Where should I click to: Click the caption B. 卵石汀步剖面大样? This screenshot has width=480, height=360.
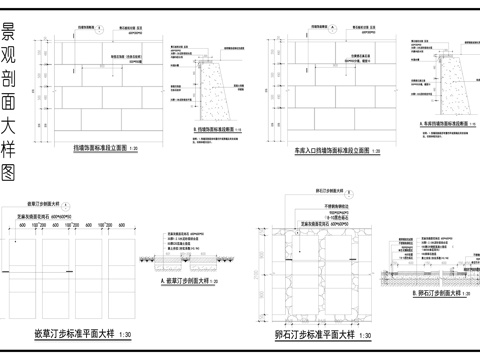[429, 294]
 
